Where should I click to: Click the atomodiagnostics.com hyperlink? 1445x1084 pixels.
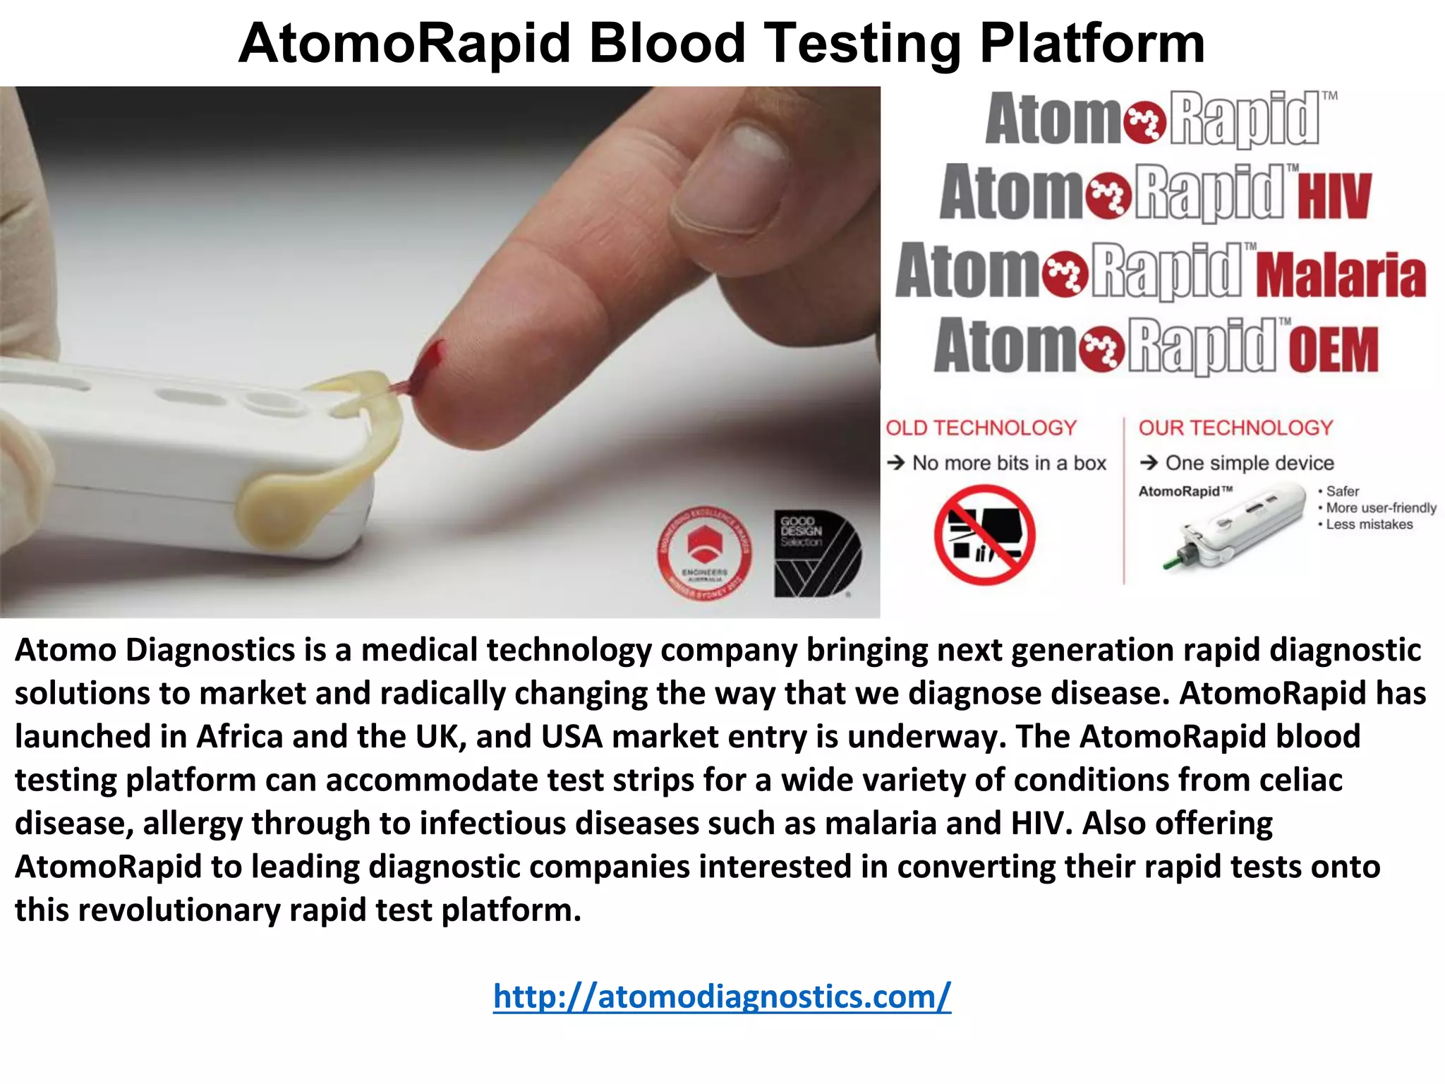(722, 996)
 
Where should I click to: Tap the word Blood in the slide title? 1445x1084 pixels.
(667, 44)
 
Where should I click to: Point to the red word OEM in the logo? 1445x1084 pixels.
(1333, 349)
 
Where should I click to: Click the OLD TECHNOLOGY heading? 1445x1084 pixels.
(981, 428)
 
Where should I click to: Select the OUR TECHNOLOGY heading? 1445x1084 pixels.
(1235, 428)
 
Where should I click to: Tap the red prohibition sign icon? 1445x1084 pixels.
(984, 534)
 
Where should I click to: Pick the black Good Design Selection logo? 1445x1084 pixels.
(817, 554)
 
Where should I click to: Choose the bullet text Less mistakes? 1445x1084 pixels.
(1369, 524)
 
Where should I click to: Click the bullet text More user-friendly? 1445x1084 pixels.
(1380, 507)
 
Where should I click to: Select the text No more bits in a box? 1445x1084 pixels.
(1008, 463)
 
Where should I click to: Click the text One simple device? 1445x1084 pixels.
(1249, 463)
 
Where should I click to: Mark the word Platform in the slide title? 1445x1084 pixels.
(1092, 44)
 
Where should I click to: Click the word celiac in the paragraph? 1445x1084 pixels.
(1301, 780)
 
